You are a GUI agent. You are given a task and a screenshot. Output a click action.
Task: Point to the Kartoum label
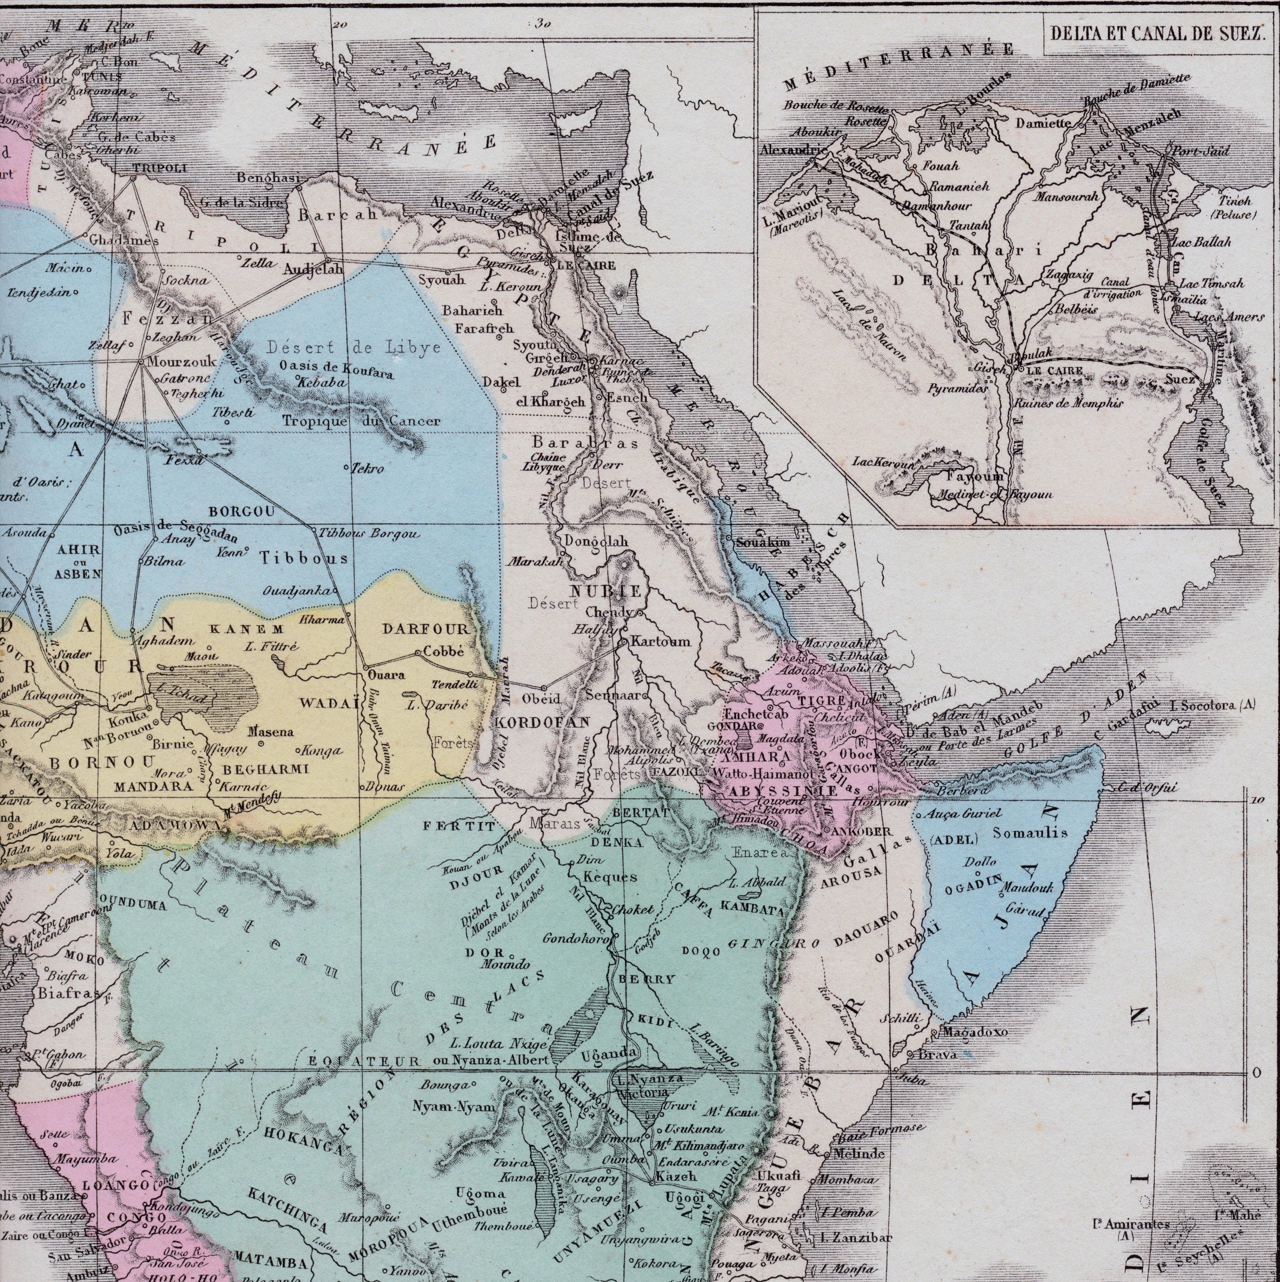[660, 642]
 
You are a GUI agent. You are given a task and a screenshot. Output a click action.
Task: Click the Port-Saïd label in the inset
[1201, 151]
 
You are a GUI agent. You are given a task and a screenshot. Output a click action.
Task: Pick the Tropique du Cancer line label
[361, 420]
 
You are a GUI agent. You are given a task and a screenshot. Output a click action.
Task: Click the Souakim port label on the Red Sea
[763, 542]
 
